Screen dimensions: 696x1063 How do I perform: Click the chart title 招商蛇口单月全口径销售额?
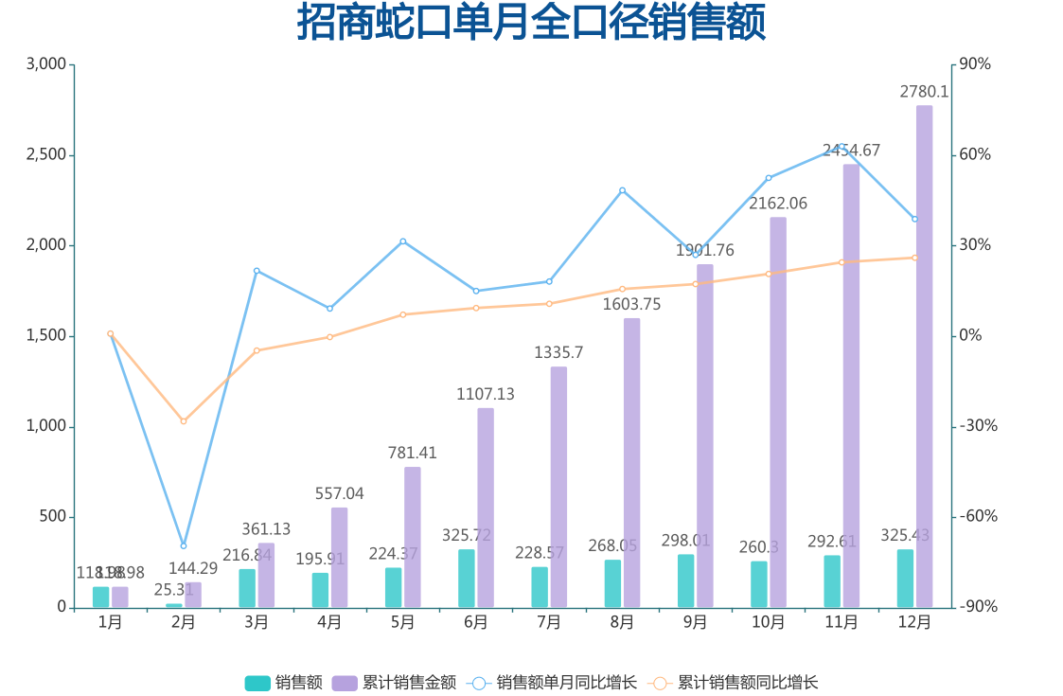531,23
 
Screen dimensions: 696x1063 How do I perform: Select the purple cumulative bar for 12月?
924,355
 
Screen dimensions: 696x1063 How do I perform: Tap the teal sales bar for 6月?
467,579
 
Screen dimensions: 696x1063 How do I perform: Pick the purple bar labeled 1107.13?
486,508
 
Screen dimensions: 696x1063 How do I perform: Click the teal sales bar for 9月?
686,580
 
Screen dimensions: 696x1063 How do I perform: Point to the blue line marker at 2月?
184,545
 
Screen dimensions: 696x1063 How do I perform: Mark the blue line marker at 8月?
622,190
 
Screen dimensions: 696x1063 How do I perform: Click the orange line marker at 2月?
184,420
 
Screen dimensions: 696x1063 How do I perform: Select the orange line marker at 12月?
914,258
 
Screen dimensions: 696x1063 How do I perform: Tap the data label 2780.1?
924,92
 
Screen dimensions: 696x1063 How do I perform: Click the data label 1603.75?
631,305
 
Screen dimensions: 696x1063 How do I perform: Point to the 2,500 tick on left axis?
46,155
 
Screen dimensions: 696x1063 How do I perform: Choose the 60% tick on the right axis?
976,155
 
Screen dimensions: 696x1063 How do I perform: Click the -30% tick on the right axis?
979,426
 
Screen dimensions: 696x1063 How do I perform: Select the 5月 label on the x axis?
403,622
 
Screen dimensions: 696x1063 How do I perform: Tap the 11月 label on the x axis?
842,622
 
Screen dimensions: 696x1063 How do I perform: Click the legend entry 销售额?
284,683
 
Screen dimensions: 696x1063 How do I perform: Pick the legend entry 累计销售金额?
398,683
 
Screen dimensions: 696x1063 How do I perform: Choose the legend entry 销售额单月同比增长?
554,683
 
